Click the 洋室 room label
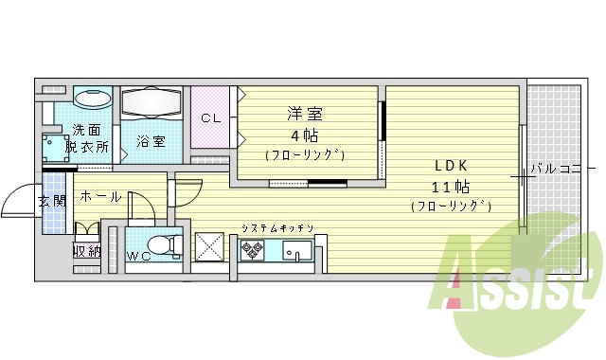click(x=305, y=114)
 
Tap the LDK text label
click(x=450, y=164)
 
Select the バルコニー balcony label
click(x=556, y=170)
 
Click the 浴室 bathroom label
click(x=151, y=142)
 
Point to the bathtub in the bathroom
click(x=151, y=101)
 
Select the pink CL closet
click(x=211, y=118)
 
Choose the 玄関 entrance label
click(x=51, y=201)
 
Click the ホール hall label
click(x=99, y=197)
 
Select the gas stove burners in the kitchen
click(x=252, y=249)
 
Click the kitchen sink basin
click(x=297, y=251)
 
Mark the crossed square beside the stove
click(x=209, y=247)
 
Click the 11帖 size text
click(x=450, y=186)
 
